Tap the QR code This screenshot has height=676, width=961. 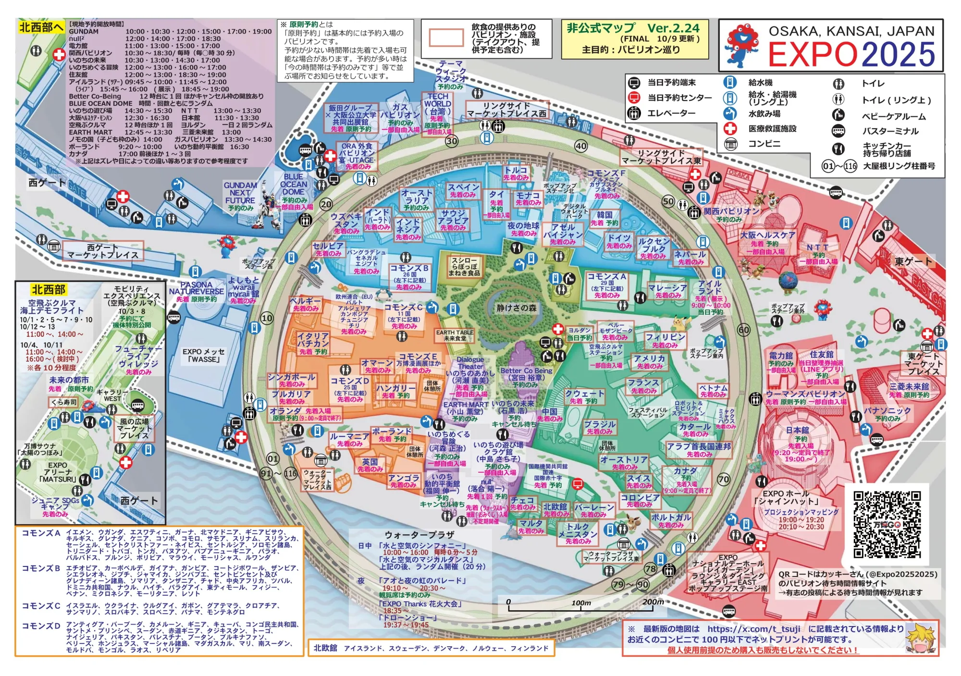[887, 524]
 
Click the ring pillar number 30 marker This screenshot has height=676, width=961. [452, 141]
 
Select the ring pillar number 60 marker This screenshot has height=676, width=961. [744, 330]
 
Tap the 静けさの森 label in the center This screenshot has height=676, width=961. [516, 308]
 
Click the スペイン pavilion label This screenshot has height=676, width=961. [463, 187]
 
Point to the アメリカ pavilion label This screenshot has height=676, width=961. [649, 359]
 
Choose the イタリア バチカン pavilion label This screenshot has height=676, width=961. [313, 340]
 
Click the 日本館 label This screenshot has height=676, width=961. [798, 430]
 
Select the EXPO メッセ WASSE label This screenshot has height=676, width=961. [204, 356]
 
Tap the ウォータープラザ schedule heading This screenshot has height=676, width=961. [419, 535]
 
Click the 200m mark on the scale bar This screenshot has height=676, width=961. [653, 602]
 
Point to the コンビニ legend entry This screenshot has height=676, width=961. [764, 144]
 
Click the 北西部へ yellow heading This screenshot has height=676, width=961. [41, 27]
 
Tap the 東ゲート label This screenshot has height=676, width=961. [913, 262]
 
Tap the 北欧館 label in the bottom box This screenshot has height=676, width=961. [325, 648]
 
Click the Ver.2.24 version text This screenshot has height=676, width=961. [673, 28]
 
